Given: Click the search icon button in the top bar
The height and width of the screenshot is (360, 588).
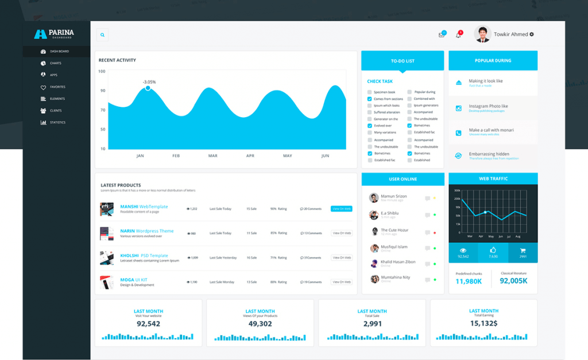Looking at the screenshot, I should pyautogui.click(x=102, y=35).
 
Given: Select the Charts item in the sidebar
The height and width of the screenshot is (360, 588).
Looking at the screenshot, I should pyautogui.click(x=55, y=63).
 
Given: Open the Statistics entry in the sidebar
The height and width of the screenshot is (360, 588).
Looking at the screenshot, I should pyautogui.click(x=57, y=122).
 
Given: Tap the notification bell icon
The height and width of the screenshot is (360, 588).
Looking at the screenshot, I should pyautogui.click(x=458, y=35).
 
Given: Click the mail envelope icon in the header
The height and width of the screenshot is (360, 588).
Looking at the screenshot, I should pyautogui.click(x=441, y=35).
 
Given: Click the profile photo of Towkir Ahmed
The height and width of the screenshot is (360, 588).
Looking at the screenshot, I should pyautogui.click(x=482, y=34).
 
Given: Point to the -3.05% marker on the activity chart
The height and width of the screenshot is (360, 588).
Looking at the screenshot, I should pyautogui.click(x=148, y=88).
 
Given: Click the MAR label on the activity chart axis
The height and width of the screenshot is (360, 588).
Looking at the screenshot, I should pyautogui.click(x=212, y=156).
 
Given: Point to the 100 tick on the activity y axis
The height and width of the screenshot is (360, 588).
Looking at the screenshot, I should pyautogui.click(x=102, y=71).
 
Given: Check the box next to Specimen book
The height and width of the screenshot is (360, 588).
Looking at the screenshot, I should pyautogui.click(x=369, y=92).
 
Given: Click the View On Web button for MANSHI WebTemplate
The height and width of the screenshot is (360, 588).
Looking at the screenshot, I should pyautogui.click(x=341, y=209).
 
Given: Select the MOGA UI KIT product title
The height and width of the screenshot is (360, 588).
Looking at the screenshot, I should pyautogui.click(x=134, y=280).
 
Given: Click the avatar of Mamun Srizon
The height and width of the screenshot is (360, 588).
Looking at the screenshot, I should pyautogui.click(x=374, y=198).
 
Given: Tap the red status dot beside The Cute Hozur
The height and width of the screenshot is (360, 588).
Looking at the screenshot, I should pyautogui.click(x=435, y=233).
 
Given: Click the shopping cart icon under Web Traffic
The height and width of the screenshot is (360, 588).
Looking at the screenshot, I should pyautogui.click(x=523, y=250).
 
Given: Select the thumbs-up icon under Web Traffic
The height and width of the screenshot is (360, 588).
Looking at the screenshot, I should pyautogui.click(x=493, y=250).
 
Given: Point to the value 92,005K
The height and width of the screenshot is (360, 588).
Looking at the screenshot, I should pyautogui.click(x=513, y=281).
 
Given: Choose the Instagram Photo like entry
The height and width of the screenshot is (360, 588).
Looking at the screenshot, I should pyautogui.click(x=488, y=106).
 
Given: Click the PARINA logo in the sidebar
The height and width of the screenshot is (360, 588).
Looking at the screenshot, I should pyautogui.click(x=54, y=34).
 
